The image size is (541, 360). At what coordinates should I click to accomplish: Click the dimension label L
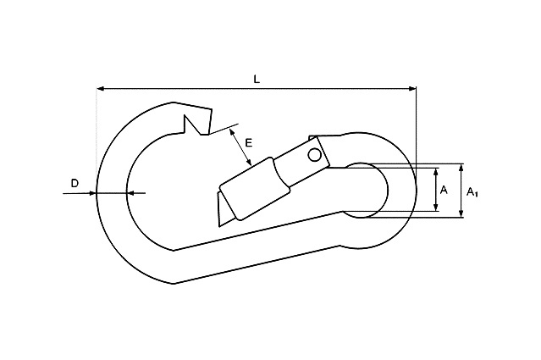pos(257,79)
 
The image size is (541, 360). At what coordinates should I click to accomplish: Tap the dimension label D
pos(74,183)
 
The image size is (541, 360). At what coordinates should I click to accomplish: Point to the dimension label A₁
pos(472,191)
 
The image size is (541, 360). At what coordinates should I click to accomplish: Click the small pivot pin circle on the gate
pos(315,155)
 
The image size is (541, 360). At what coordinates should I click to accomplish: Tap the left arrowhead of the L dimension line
pos(101,87)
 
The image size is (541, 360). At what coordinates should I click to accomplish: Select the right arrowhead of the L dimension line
pos(412,87)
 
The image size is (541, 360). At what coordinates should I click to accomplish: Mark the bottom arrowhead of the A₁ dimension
pos(462,214)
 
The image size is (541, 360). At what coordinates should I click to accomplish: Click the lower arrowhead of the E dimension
pos(250,160)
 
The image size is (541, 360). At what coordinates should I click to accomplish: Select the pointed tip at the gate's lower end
pos(219,222)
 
